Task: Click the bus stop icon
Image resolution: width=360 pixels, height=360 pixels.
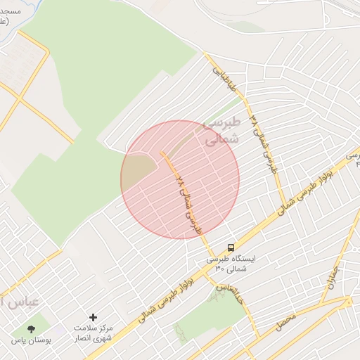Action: coord(231,247)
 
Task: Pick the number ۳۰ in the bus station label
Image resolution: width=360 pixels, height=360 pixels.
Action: coord(219,268)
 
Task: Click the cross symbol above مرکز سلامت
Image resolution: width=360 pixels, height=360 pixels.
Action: coord(93,318)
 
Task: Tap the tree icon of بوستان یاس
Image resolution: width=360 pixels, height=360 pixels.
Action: coord(31,329)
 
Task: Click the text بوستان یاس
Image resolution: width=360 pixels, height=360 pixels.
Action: coord(28,340)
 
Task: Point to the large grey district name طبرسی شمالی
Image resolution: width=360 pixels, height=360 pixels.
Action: coord(222,131)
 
